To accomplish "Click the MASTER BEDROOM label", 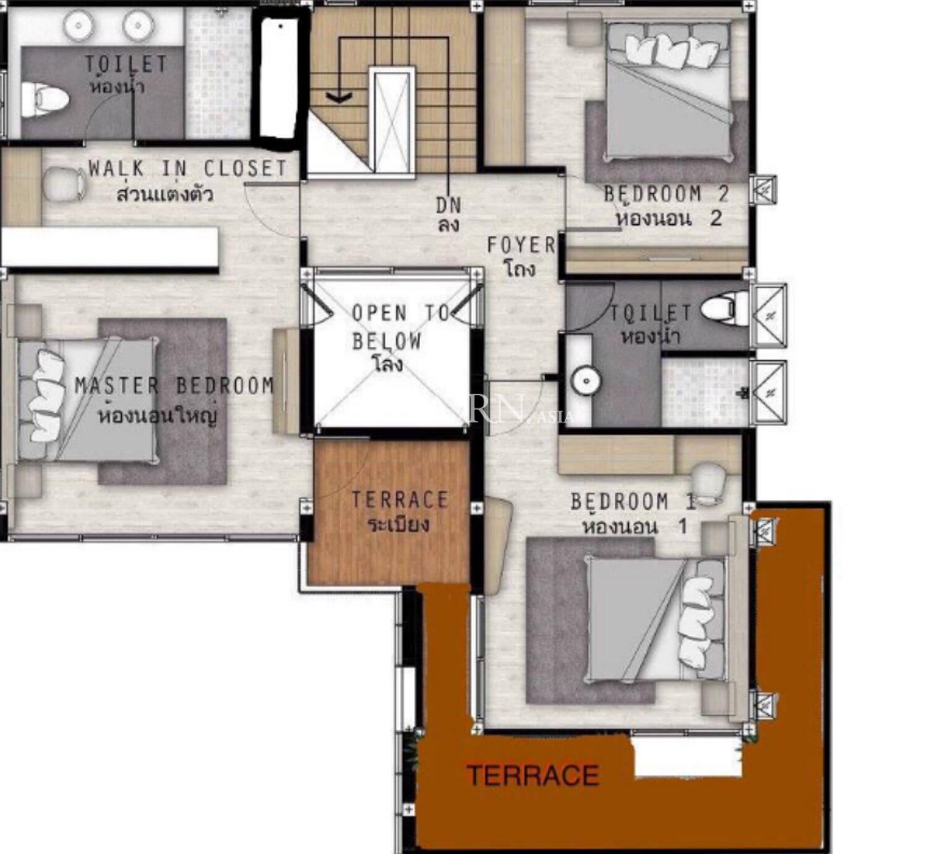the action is pos(174,386).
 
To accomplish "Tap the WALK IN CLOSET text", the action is pos(188,169).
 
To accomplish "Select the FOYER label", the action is pos(522,245).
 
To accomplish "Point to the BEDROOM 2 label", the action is pos(667,194).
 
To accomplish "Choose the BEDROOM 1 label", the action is pos(634,502).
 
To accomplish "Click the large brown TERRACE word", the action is pos(533,775).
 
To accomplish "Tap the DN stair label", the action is pos(449,205).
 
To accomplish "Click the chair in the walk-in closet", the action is pos(65,184).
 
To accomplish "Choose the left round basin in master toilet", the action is pos(79,25).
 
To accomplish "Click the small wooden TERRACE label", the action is pos(400,500).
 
